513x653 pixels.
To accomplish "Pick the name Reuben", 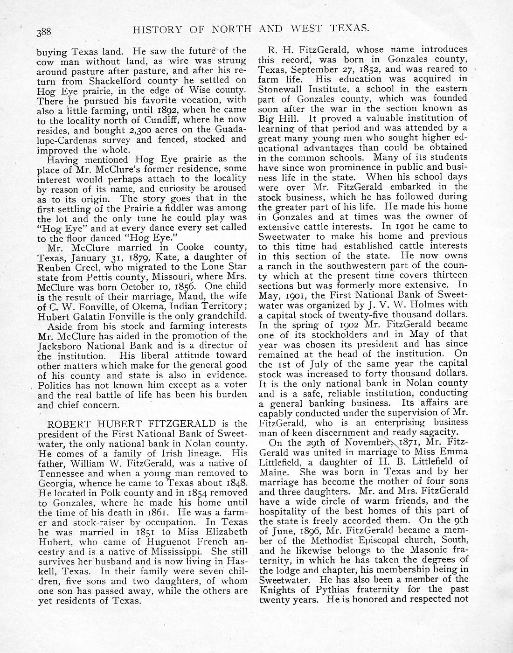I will click(x=54, y=267).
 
